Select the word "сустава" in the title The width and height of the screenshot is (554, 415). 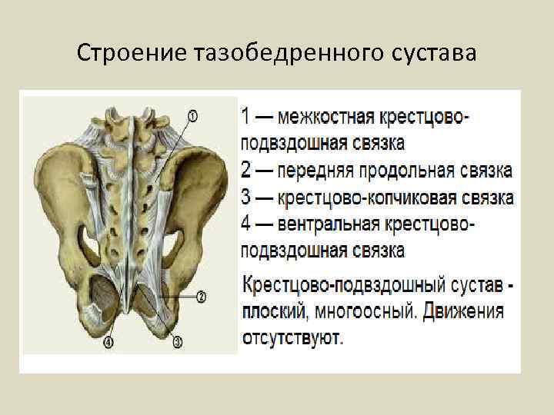pos(433,55)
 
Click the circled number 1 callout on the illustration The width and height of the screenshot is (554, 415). pos(192,115)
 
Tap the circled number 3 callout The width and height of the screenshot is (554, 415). pos(177,344)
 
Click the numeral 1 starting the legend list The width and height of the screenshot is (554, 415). pos(245,118)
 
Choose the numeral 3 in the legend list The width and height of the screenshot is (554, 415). pos(245,198)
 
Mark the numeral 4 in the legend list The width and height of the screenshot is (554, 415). pos(245,224)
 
